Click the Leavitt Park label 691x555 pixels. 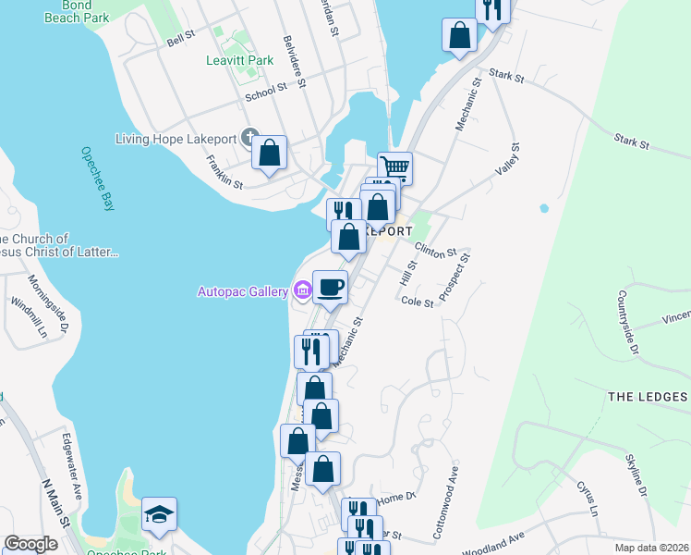(x=239, y=61)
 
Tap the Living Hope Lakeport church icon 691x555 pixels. (x=249, y=139)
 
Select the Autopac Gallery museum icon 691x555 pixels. (x=302, y=291)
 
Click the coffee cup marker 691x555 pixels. (x=330, y=286)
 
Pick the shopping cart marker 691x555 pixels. (x=394, y=168)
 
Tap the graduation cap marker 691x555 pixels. (x=159, y=513)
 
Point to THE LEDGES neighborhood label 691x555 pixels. (x=648, y=397)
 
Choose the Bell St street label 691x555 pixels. (x=182, y=39)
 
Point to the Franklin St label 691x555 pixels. (x=224, y=171)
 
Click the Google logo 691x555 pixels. (x=30, y=544)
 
